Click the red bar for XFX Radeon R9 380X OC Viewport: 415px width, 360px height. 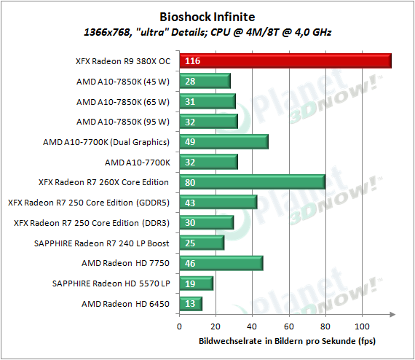point(285,61)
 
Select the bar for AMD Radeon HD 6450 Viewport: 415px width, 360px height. point(191,304)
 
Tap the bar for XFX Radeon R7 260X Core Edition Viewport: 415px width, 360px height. point(253,182)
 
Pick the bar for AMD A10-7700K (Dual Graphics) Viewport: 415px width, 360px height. point(224,141)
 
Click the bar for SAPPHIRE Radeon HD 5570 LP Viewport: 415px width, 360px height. point(197,283)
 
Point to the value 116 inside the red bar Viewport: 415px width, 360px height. point(192,61)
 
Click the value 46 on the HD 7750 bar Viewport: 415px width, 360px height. point(190,263)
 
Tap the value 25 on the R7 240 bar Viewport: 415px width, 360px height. point(190,243)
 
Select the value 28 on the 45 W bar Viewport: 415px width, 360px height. point(190,82)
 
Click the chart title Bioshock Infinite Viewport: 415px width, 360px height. point(207,17)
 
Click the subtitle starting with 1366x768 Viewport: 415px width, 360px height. point(207,32)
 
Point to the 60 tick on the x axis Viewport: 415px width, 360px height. point(289,326)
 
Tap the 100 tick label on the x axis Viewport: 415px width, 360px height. point(362,326)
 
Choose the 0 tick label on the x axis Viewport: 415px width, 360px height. point(179,326)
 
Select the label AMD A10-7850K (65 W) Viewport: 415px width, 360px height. point(123,102)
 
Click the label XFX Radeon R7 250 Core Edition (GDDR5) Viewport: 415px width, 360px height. point(89,203)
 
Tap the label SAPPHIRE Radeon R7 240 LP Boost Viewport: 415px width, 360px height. point(102,243)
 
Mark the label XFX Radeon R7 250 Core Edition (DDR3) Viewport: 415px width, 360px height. point(92,223)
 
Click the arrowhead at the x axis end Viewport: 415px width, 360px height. point(392,314)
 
